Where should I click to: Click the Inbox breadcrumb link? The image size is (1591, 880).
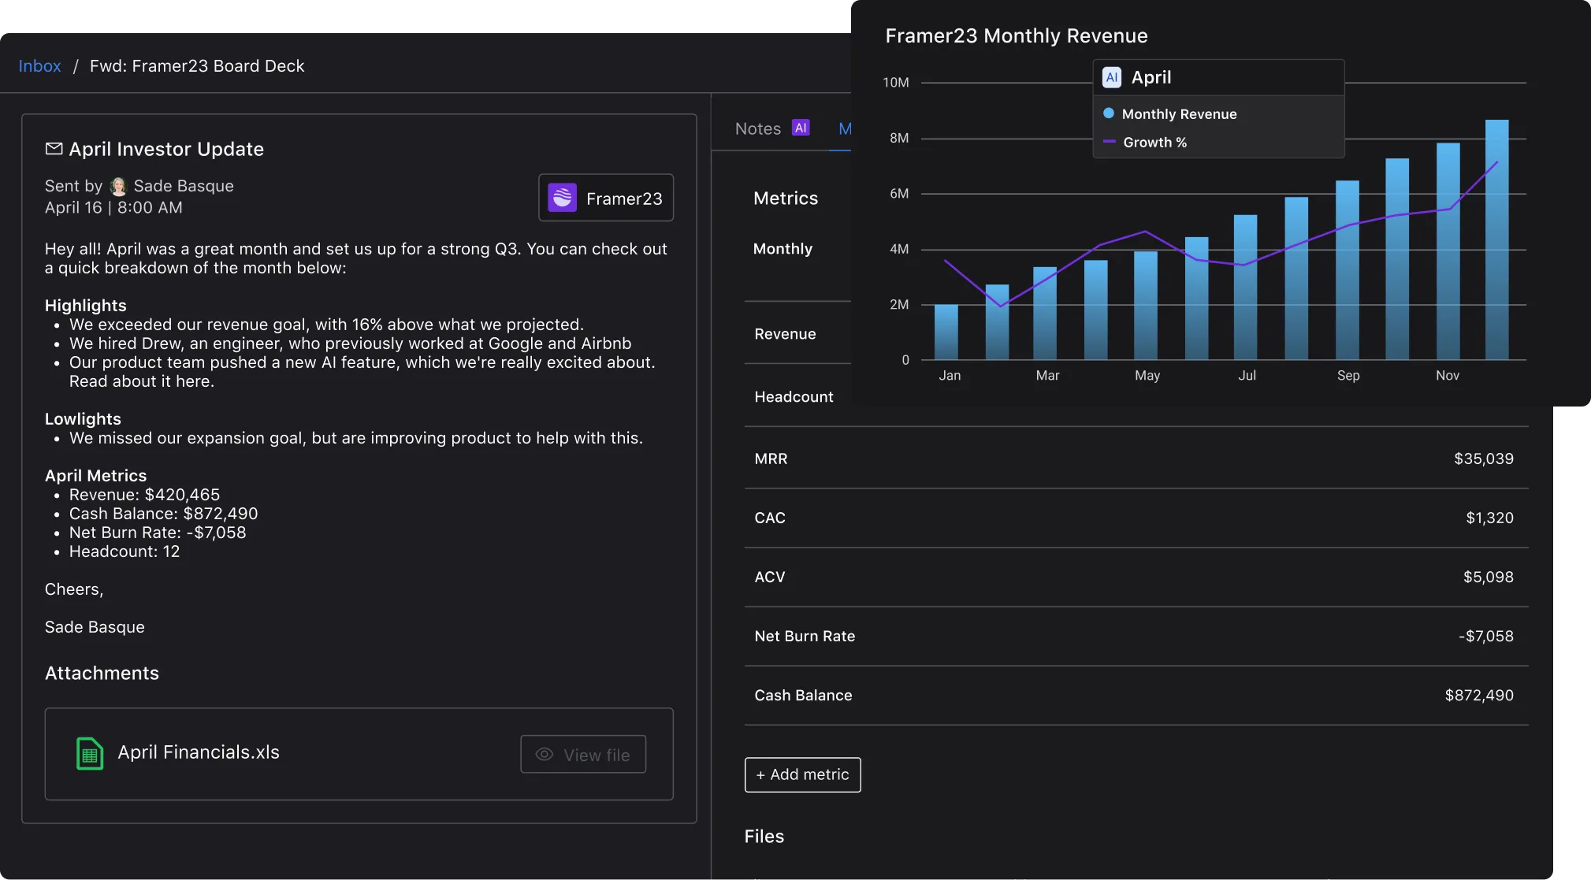tap(39, 66)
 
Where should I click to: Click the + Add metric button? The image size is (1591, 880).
tap(802, 774)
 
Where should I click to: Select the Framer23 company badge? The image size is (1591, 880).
tap(605, 198)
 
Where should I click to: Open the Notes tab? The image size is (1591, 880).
tap(758, 128)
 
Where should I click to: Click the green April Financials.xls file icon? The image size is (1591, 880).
tap(90, 753)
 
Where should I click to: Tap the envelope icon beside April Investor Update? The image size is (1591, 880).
tap(54, 149)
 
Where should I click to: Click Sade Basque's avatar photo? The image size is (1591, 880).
tap(118, 186)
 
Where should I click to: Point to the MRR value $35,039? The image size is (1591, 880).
tap(1483, 459)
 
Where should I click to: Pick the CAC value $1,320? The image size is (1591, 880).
tap(1489, 518)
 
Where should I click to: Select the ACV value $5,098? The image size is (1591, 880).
tap(1488, 577)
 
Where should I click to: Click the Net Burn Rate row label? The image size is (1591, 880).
tap(805, 636)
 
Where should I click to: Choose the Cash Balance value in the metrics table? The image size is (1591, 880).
tap(1478, 695)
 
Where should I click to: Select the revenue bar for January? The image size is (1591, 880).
tap(946, 332)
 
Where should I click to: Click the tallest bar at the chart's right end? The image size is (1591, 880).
tap(1496, 240)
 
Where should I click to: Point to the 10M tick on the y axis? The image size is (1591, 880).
tap(896, 83)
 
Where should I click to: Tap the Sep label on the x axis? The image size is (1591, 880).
tap(1348, 376)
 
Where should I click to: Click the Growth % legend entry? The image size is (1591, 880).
tap(1154, 143)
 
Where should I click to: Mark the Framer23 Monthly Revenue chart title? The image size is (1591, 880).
tap(1016, 36)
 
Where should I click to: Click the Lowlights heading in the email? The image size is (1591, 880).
tap(83, 419)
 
